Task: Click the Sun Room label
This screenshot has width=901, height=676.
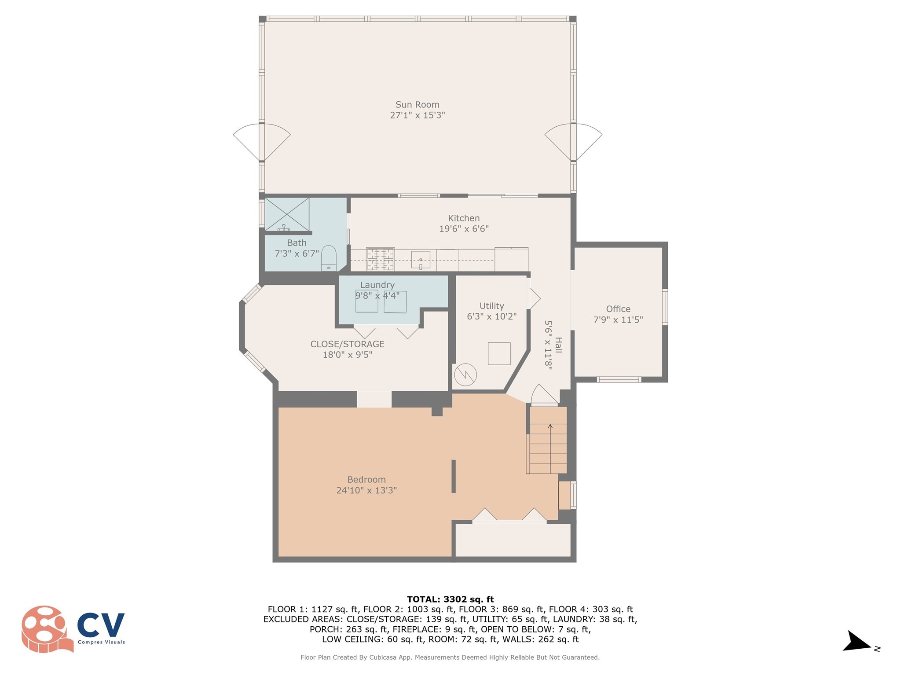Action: (417, 105)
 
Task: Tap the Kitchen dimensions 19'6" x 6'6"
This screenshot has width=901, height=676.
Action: (464, 229)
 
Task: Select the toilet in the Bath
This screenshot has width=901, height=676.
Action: (329, 258)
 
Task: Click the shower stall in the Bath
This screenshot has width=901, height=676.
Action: (287, 214)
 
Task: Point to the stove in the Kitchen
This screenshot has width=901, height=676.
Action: (380, 259)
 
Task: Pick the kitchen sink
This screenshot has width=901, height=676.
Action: (421, 260)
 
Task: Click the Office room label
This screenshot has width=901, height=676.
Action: (618, 309)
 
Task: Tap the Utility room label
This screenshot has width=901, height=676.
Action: (491, 306)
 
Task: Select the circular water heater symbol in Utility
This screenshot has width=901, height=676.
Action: (465, 375)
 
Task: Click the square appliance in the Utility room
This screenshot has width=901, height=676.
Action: (499, 353)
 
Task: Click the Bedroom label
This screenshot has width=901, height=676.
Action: (366, 480)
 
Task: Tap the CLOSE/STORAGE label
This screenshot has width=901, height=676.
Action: (347, 344)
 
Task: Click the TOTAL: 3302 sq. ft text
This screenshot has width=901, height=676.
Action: (450, 599)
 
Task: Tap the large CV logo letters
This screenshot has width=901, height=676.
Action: (101, 625)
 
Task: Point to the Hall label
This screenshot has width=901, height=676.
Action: (558, 345)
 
